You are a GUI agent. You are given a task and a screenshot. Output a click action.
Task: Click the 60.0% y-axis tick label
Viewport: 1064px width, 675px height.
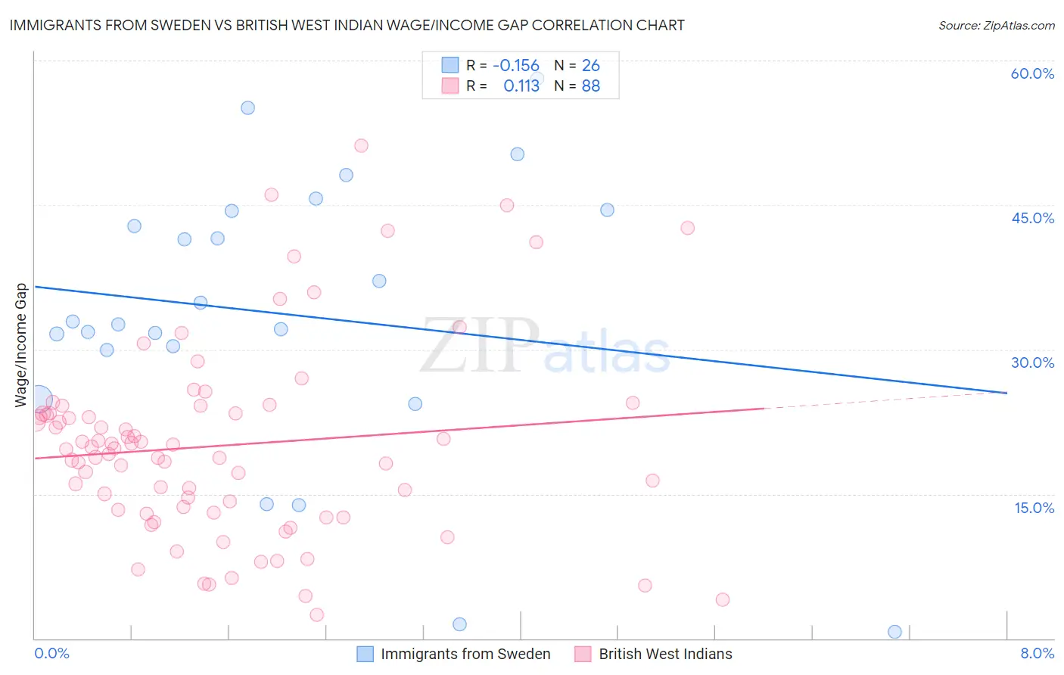pyautogui.click(x=1032, y=73)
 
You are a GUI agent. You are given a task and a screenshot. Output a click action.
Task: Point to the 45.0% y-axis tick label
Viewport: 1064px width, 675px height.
pyautogui.click(x=1032, y=218)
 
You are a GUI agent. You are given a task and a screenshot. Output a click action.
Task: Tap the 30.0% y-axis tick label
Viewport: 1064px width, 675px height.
pyautogui.click(x=1032, y=362)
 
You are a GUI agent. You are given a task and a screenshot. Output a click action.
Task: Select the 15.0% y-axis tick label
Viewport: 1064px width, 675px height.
pyautogui.click(x=1034, y=507)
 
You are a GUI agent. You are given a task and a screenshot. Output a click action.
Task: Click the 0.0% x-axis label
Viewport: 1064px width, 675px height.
pyautogui.click(x=51, y=653)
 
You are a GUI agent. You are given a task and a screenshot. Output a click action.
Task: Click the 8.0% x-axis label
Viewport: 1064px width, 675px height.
pyautogui.click(x=1037, y=653)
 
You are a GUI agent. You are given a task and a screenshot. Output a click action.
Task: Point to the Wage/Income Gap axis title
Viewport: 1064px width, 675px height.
pyautogui.click(x=21, y=345)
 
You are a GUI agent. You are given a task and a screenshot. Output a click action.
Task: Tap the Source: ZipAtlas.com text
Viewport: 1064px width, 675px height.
pyautogui.click(x=996, y=25)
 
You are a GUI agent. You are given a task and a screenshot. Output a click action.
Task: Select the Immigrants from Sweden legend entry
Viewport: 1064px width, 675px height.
pyautogui.click(x=465, y=654)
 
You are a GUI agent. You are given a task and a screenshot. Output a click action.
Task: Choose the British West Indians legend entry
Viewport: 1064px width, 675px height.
pyautogui.click(x=664, y=654)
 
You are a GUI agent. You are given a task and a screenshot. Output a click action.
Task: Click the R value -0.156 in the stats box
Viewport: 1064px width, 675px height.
pyautogui.click(x=515, y=65)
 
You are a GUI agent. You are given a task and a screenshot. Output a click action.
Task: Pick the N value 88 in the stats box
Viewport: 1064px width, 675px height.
pyautogui.click(x=590, y=86)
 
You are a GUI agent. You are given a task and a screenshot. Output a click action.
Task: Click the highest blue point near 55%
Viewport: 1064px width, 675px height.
pyautogui.click(x=247, y=107)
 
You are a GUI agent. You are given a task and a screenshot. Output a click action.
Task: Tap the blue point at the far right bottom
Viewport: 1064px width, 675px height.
pyautogui.click(x=894, y=632)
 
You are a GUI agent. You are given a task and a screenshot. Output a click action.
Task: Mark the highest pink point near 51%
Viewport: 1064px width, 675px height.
pyautogui.click(x=361, y=145)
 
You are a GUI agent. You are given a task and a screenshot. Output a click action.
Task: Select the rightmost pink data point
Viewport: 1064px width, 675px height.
pyautogui.click(x=722, y=599)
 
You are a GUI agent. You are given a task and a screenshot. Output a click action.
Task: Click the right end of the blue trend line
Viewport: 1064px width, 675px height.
pyautogui.click(x=1006, y=393)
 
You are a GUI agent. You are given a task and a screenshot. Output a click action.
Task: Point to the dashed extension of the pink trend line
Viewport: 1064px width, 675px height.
pyautogui.click(x=885, y=400)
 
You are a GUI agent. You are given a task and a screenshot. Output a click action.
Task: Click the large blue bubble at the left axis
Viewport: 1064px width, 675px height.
pyautogui.click(x=39, y=399)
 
